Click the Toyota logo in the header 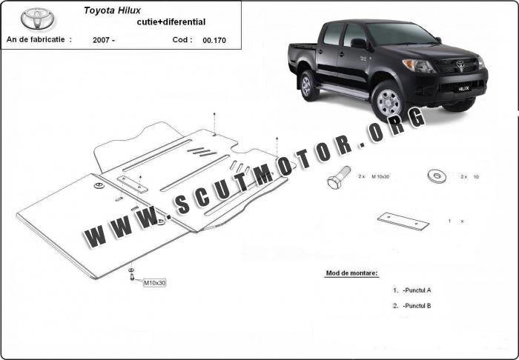click(37, 19)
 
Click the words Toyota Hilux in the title click(112, 10)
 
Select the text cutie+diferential click(171, 22)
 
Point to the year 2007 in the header click(101, 40)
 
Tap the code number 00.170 click(214, 40)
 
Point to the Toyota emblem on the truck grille click(460, 64)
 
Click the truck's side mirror click(359, 43)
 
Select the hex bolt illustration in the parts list click(339, 177)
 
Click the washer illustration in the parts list click(437, 176)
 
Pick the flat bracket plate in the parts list click(403, 221)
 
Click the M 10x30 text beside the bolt click(380, 176)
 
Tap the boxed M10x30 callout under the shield click(154, 283)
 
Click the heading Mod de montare click(351, 273)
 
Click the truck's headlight click(418, 65)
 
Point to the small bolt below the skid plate click(132, 277)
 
